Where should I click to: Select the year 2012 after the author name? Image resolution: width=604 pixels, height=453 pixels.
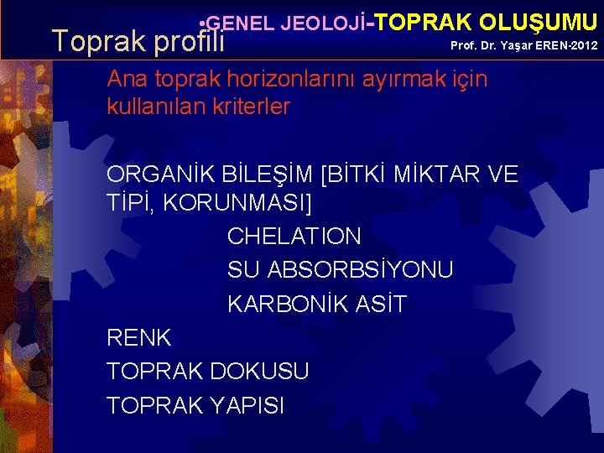pyautogui.click(x=583, y=44)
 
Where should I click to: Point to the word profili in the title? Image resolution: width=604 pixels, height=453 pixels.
pyautogui.click(x=185, y=40)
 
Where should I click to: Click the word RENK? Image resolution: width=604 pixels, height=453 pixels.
pyautogui.click(x=139, y=338)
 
